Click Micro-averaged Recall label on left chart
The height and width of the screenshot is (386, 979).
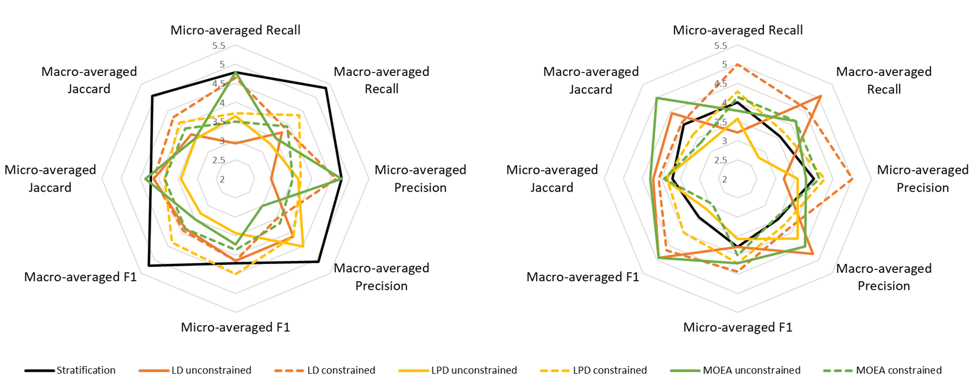point(235,30)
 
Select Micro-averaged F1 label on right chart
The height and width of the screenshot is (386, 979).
point(737,327)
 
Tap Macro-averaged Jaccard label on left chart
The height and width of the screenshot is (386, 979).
point(89,80)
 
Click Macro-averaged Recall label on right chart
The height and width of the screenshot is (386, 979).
point(884,80)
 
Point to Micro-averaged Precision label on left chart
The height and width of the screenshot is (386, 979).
point(420,179)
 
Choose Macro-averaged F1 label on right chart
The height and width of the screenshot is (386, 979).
point(583,277)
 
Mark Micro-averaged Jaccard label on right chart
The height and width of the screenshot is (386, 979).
point(552,179)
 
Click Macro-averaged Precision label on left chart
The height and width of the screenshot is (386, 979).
point(381,277)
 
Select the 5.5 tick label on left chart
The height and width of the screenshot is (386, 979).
point(219,46)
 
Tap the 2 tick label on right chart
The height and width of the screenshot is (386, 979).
point(725,179)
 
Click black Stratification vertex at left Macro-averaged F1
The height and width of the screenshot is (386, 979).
point(148,266)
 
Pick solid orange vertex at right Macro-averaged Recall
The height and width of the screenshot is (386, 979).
point(821,96)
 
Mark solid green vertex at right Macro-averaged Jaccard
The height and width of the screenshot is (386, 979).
point(656,98)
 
